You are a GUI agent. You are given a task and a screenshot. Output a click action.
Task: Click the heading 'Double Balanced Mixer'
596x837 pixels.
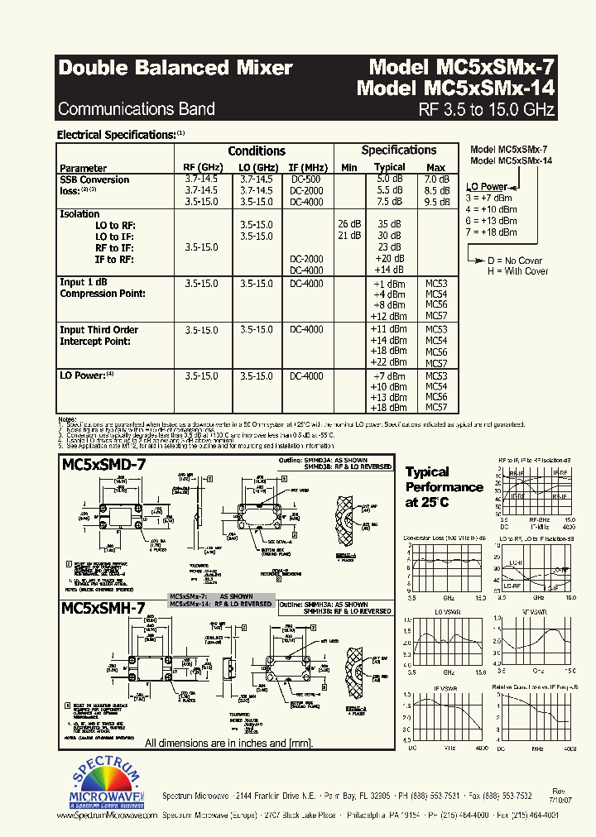point(175,69)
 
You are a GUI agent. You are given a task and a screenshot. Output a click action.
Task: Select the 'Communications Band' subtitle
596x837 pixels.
point(137,109)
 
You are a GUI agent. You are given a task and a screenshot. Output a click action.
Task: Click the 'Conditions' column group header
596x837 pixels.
point(257,151)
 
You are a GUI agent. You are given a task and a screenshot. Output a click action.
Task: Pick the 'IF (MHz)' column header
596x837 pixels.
point(308,167)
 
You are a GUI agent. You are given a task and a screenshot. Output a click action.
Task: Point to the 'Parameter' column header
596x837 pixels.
point(83,168)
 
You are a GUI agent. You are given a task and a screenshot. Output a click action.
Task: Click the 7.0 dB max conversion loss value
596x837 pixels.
point(436,179)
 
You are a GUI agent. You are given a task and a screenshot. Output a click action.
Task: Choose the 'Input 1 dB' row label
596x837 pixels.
point(84,283)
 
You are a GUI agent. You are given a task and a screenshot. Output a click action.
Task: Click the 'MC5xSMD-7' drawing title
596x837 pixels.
point(104,465)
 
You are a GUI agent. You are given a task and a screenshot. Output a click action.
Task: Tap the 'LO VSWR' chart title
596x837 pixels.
point(445,610)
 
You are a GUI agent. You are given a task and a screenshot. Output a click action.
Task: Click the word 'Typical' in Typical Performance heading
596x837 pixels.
point(427,472)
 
